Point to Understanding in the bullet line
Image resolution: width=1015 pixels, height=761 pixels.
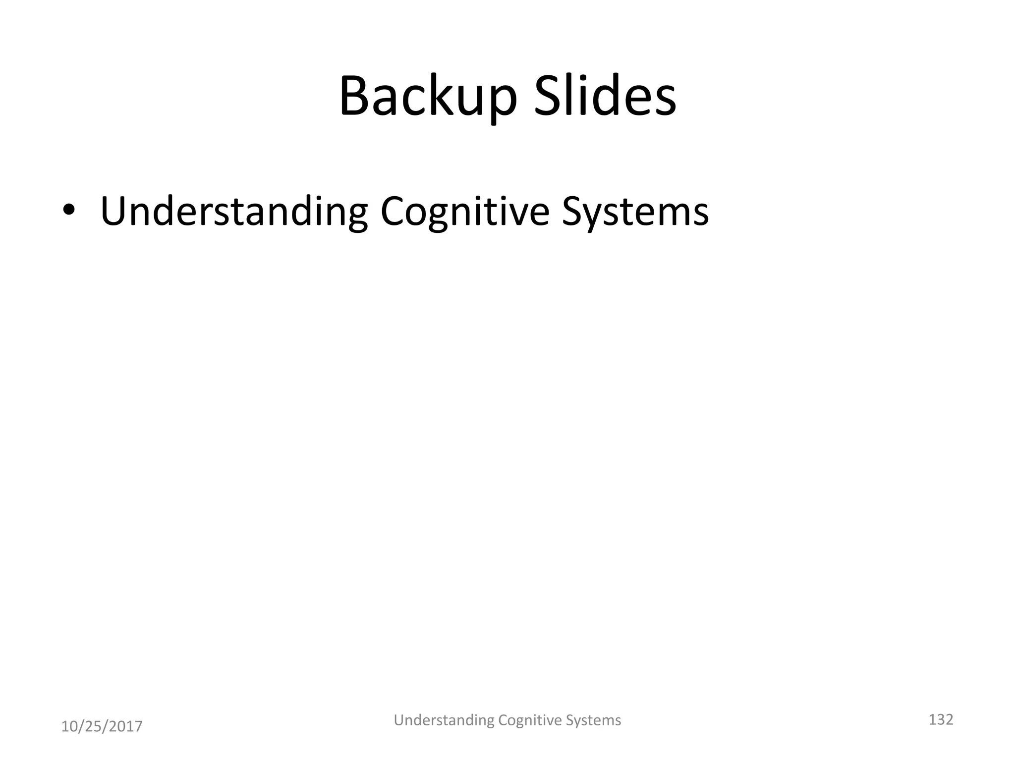[234, 212]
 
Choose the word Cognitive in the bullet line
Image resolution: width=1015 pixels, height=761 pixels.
[465, 212]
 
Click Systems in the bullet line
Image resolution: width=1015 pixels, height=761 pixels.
[635, 212]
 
